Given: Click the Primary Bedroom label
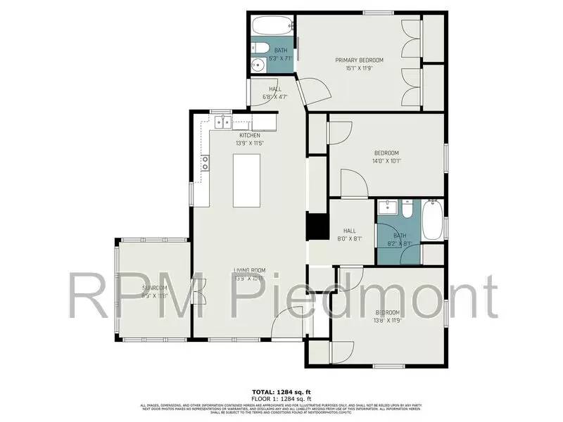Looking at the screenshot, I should (x=355, y=60).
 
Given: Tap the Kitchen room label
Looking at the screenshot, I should (x=250, y=135).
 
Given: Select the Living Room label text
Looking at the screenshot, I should (x=249, y=270).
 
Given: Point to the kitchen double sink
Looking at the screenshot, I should (x=223, y=123).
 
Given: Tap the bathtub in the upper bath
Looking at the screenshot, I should (x=272, y=28).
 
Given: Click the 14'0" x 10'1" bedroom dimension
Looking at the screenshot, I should (x=386, y=161).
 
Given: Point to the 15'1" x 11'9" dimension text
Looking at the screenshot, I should (x=355, y=69).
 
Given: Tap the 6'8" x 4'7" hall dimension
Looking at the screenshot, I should (x=274, y=96).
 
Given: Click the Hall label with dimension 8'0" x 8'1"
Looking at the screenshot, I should (x=350, y=230).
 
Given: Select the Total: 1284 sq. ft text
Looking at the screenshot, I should (x=281, y=391).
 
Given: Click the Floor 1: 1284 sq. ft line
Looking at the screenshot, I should (x=281, y=397).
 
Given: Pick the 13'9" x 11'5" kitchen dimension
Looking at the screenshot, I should (x=250, y=143).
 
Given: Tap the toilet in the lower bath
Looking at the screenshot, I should (x=407, y=210).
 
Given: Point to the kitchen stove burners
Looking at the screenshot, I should (x=205, y=163).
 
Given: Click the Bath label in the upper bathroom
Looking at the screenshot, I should (x=281, y=50).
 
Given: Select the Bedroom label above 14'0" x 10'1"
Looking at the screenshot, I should (x=386, y=153).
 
